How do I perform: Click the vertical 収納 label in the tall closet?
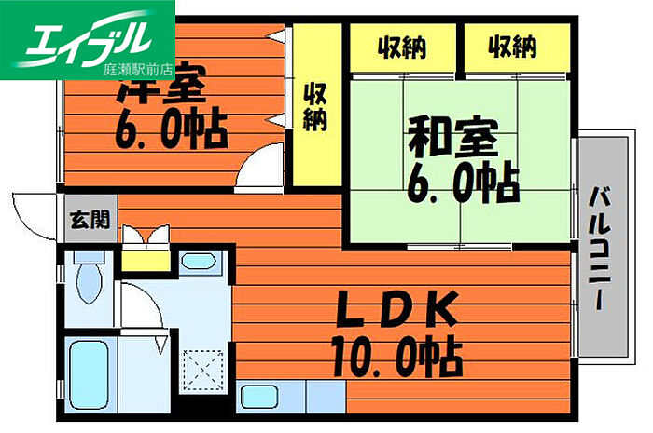point(314,107)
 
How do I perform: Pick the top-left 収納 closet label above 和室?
point(402,45)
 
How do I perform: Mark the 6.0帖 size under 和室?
point(463,183)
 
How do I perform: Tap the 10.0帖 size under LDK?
point(396,353)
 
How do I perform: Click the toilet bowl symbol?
point(90,280)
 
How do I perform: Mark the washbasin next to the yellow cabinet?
point(198,261)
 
